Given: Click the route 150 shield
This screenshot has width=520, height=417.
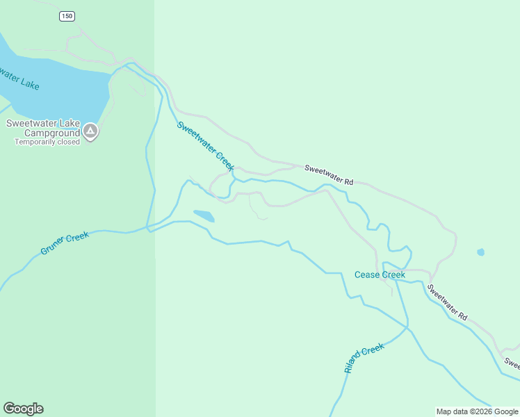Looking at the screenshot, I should pos(67,16).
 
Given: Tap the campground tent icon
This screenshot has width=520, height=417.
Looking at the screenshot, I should pos(90,131).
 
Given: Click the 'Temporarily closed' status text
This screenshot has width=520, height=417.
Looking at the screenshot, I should pos(47,142).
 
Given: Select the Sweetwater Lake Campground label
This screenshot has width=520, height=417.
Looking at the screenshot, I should pos(43,128).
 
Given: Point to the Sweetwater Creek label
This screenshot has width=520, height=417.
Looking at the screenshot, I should pos(205,146).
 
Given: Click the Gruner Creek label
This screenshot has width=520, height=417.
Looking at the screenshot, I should pos(65,243).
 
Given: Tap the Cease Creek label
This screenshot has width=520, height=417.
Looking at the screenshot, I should pos(380,275).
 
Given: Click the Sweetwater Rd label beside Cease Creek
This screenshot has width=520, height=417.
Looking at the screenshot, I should pos(447,302).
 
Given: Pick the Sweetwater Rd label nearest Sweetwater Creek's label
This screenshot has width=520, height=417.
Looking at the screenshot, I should pos(329,174).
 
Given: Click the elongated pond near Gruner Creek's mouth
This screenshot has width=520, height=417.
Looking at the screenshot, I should pos(204,215).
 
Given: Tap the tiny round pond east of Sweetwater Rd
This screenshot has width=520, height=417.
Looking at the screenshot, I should pos(480,252).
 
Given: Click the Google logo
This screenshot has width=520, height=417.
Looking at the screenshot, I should pos(23,409).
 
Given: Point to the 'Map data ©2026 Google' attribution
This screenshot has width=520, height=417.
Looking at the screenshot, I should pos(477,411).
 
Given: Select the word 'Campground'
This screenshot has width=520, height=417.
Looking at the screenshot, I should pos(52,133).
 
